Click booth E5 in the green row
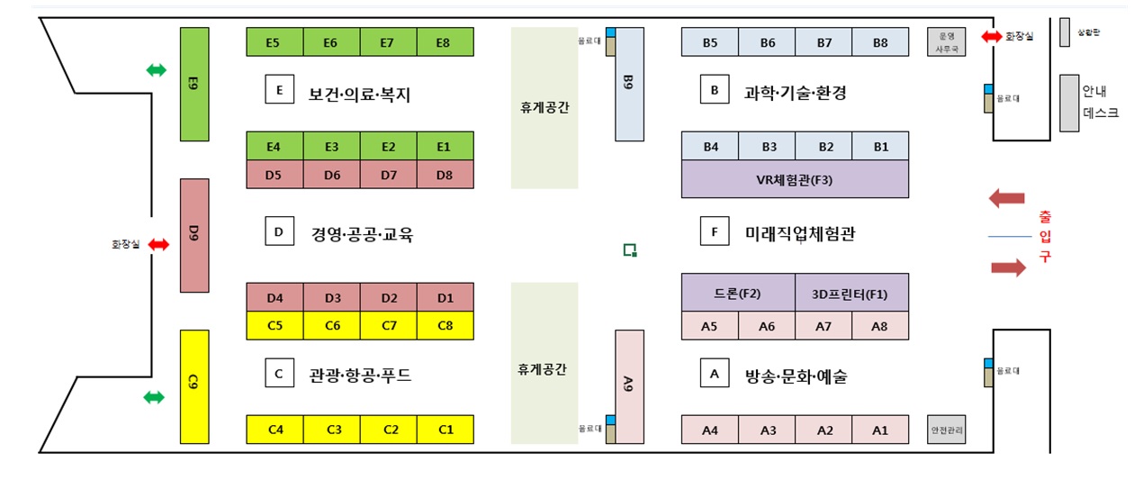pyautogui.click(x=274, y=42)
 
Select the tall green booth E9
pyautogui.click(x=194, y=84)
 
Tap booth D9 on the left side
pyautogui.click(x=194, y=235)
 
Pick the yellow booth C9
pyautogui.click(x=194, y=385)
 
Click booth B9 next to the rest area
pyautogui.click(x=629, y=84)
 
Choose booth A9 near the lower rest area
pyautogui.click(x=629, y=386)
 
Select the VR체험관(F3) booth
pyautogui.click(x=795, y=178)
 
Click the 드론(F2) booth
pyautogui.click(x=738, y=293)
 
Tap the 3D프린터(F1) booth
pyautogui.click(x=851, y=293)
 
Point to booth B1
pyautogui.click(x=880, y=146)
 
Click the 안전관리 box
pyautogui.click(x=947, y=430)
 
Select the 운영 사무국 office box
pyautogui.click(x=947, y=42)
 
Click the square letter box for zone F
pyautogui.click(x=714, y=231)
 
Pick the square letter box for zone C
pyautogui.click(x=279, y=373)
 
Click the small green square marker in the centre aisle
pyautogui.click(x=631, y=249)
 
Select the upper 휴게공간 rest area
pyautogui.click(x=544, y=108)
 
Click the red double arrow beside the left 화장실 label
pyautogui.click(x=159, y=244)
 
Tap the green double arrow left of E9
pyautogui.click(x=157, y=70)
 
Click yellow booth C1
pyautogui.click(x=445, y=430)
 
